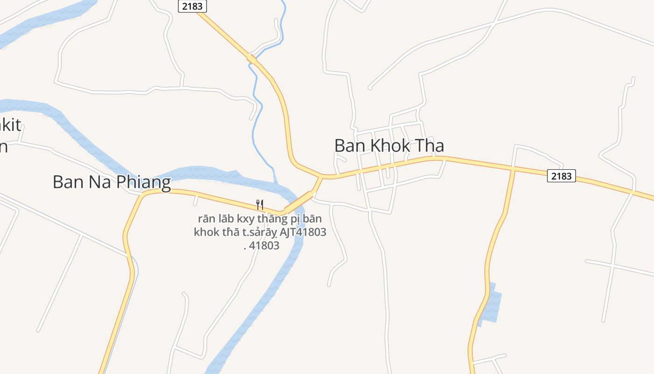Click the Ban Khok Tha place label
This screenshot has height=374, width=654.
389,146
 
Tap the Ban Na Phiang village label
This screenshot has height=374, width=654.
112,182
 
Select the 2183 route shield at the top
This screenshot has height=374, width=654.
192,6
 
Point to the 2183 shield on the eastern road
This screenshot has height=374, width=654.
561,176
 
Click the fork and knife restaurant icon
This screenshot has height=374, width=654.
260,204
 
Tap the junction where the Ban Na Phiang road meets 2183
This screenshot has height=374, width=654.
321,177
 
